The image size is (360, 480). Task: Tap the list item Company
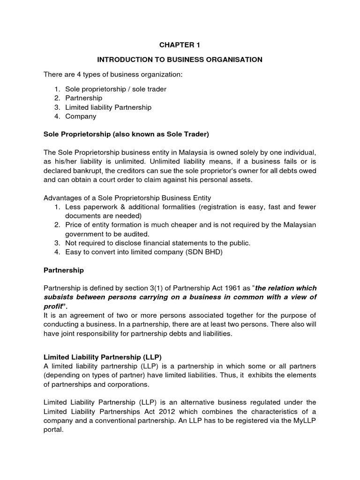pyautogui.click(x=81, y=116)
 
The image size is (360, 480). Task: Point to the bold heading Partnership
pyautogui.click(x=63, y=270)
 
